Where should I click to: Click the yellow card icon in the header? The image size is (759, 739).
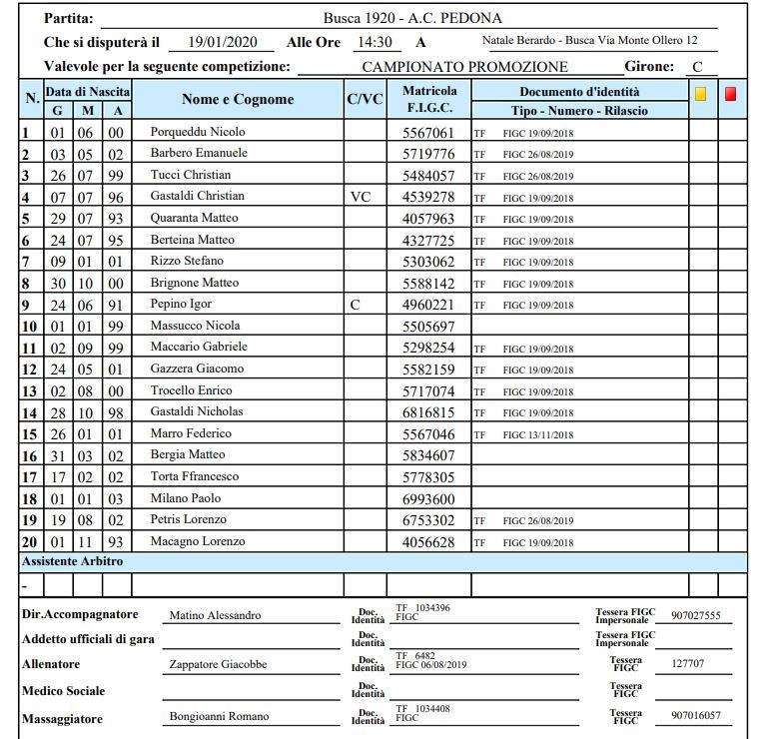pos(701,95)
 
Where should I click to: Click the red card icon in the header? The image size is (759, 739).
pos(730,95)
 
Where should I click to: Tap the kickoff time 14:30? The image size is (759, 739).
pos(374,43)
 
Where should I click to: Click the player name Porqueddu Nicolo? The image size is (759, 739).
pos(197,132)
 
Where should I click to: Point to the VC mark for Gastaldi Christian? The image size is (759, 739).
pos(361,197)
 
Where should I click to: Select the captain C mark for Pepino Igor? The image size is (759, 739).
pos(355,304)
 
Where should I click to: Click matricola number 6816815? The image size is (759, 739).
pos(427,412)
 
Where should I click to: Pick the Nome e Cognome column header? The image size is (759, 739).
pos(238,100)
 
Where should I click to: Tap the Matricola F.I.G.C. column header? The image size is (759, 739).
pos(429,100)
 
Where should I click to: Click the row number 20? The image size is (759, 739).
pos(30,542)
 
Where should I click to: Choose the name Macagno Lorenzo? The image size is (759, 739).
pos(197,542)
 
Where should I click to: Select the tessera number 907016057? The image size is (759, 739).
pos(696,716)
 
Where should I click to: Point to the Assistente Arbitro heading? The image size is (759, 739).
pos(72,562)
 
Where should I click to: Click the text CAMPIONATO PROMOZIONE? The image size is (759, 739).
pos(464,67)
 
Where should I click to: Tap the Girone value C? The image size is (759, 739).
pos(698,67)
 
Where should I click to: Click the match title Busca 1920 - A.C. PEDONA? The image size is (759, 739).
pos(412,18)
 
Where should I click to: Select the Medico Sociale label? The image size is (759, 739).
pos(63,691)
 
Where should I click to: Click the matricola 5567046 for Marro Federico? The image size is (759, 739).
pos(427,434)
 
